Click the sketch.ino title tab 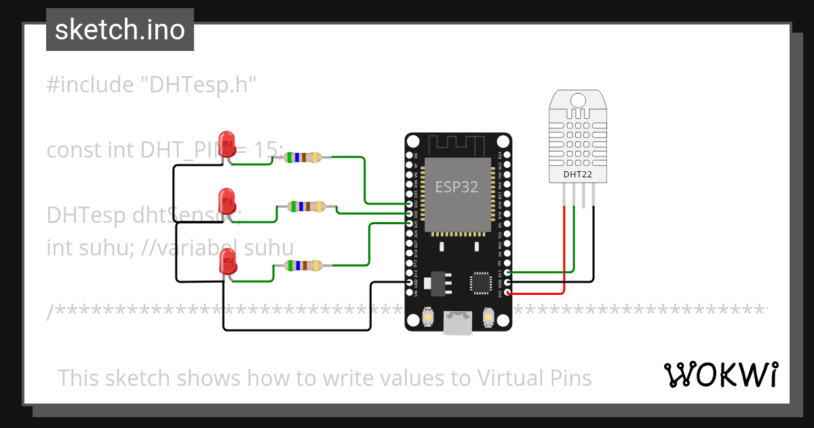(119, 30)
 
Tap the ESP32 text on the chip (457, 188)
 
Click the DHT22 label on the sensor (578, 174)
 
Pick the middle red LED (226, 202)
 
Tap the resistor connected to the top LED (303, 158)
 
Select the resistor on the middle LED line (307, 206)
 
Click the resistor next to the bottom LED (303, 266)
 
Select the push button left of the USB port (429, 317)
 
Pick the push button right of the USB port (488, 317)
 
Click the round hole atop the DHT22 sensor (578, 101)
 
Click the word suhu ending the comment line (268, 247)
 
